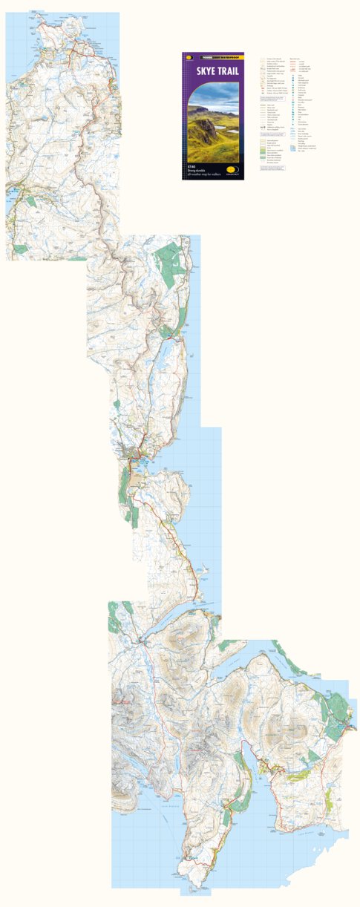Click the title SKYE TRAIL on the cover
pos(212,71)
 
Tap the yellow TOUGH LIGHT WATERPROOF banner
pos(215,56)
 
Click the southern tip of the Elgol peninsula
pos(190,880)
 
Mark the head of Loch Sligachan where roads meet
pos(143,640)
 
